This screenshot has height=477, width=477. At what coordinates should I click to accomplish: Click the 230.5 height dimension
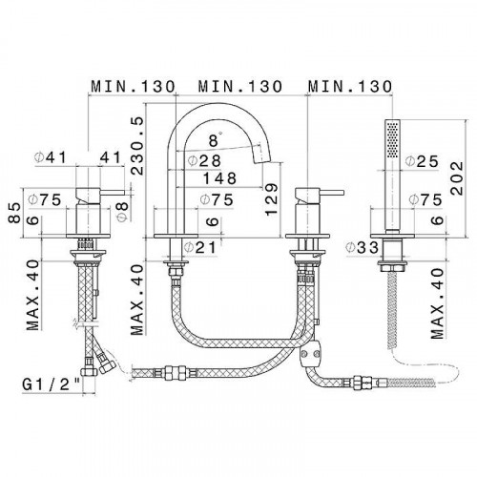(137, 146)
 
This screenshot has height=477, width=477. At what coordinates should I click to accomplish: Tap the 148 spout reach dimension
(219, 178)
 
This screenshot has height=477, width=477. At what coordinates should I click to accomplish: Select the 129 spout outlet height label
(271, 199)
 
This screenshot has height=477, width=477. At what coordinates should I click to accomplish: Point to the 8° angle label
(215, 139)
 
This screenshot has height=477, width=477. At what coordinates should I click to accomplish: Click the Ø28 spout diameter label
(204, 160)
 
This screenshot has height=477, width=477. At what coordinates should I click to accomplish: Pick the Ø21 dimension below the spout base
(200, 248)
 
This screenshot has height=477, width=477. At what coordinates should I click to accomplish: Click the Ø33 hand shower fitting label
(363, 247)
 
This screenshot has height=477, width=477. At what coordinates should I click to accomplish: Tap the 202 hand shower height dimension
(457, 177)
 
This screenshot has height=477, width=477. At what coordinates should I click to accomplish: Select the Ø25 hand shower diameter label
(423, 161)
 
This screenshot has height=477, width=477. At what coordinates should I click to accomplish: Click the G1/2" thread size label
(51, 385)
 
